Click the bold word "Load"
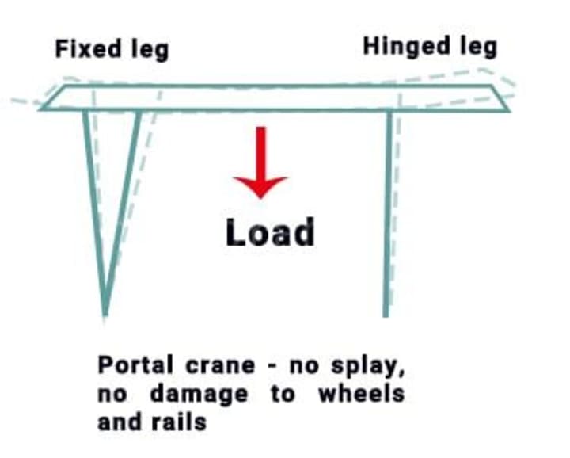click(x=270, y=233)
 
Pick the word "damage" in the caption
click(x=198, y=394)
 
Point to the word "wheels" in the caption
click(x=361, y=393)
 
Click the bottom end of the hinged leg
click(x=386, y=314)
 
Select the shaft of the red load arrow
click(x=260, y=151)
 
